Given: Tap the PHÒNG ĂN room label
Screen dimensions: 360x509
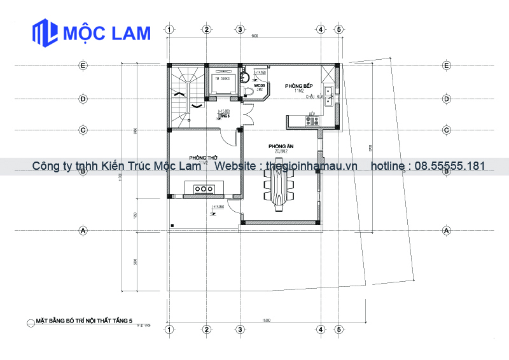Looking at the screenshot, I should pos(279,146).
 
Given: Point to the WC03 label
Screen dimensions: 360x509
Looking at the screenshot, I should pos(259,85).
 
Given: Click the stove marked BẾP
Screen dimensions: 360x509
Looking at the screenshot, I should pos(312,120).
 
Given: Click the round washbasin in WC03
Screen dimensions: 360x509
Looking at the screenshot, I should pos(246,80).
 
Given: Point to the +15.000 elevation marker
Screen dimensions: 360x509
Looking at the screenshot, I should pos(223,111).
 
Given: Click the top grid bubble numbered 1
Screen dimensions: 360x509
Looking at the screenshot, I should pos(169,29).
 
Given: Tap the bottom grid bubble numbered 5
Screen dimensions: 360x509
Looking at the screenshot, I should pos(339,330).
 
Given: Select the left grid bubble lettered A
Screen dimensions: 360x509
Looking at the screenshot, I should pos(82,230).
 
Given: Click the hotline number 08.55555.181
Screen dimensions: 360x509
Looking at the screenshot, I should pos(450,166).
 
